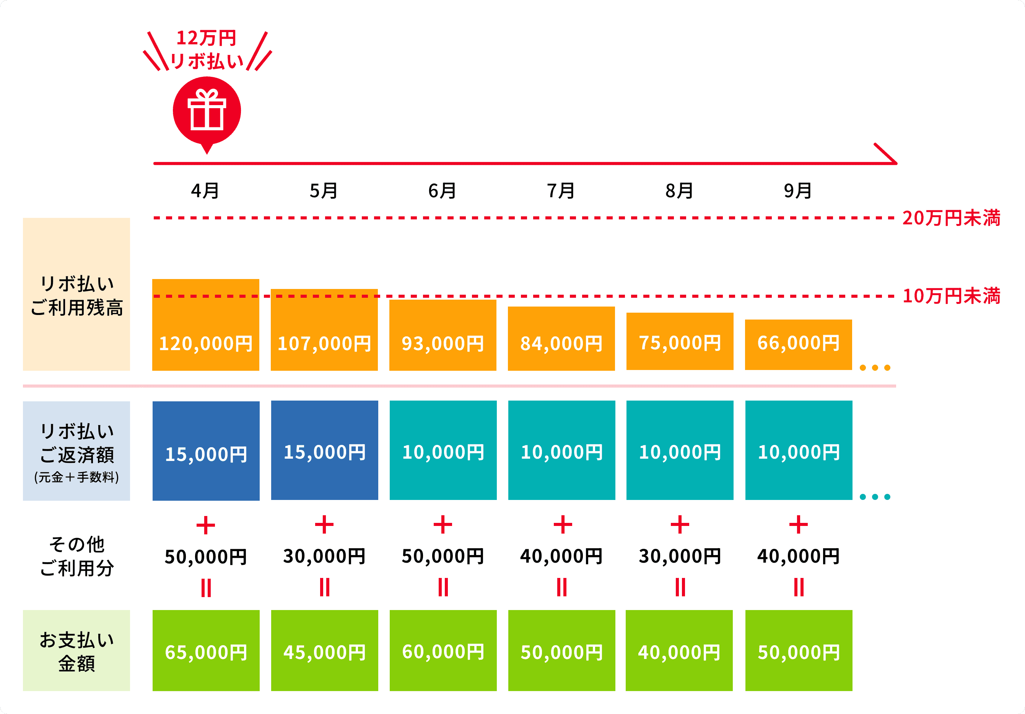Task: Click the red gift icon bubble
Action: click(x=207, y=111)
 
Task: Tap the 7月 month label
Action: click(x=561, y=191)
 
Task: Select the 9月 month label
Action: click(x=798, y=191)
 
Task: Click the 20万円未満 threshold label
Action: click(x=951, y=218)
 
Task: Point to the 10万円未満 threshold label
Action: click(x=951, y=296)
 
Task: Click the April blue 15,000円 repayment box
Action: click(x=206, y=451)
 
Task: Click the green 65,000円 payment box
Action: click(x=206, y=650)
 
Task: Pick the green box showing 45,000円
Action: click(x=325, y=650)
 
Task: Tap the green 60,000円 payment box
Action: click(x=443, y=650)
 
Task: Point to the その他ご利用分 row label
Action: click(x=76, y=556)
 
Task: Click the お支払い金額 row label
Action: click(x=76, y=651)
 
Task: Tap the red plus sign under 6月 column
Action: click(x=443, y=524)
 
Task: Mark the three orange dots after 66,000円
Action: click(x=875, y=368)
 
